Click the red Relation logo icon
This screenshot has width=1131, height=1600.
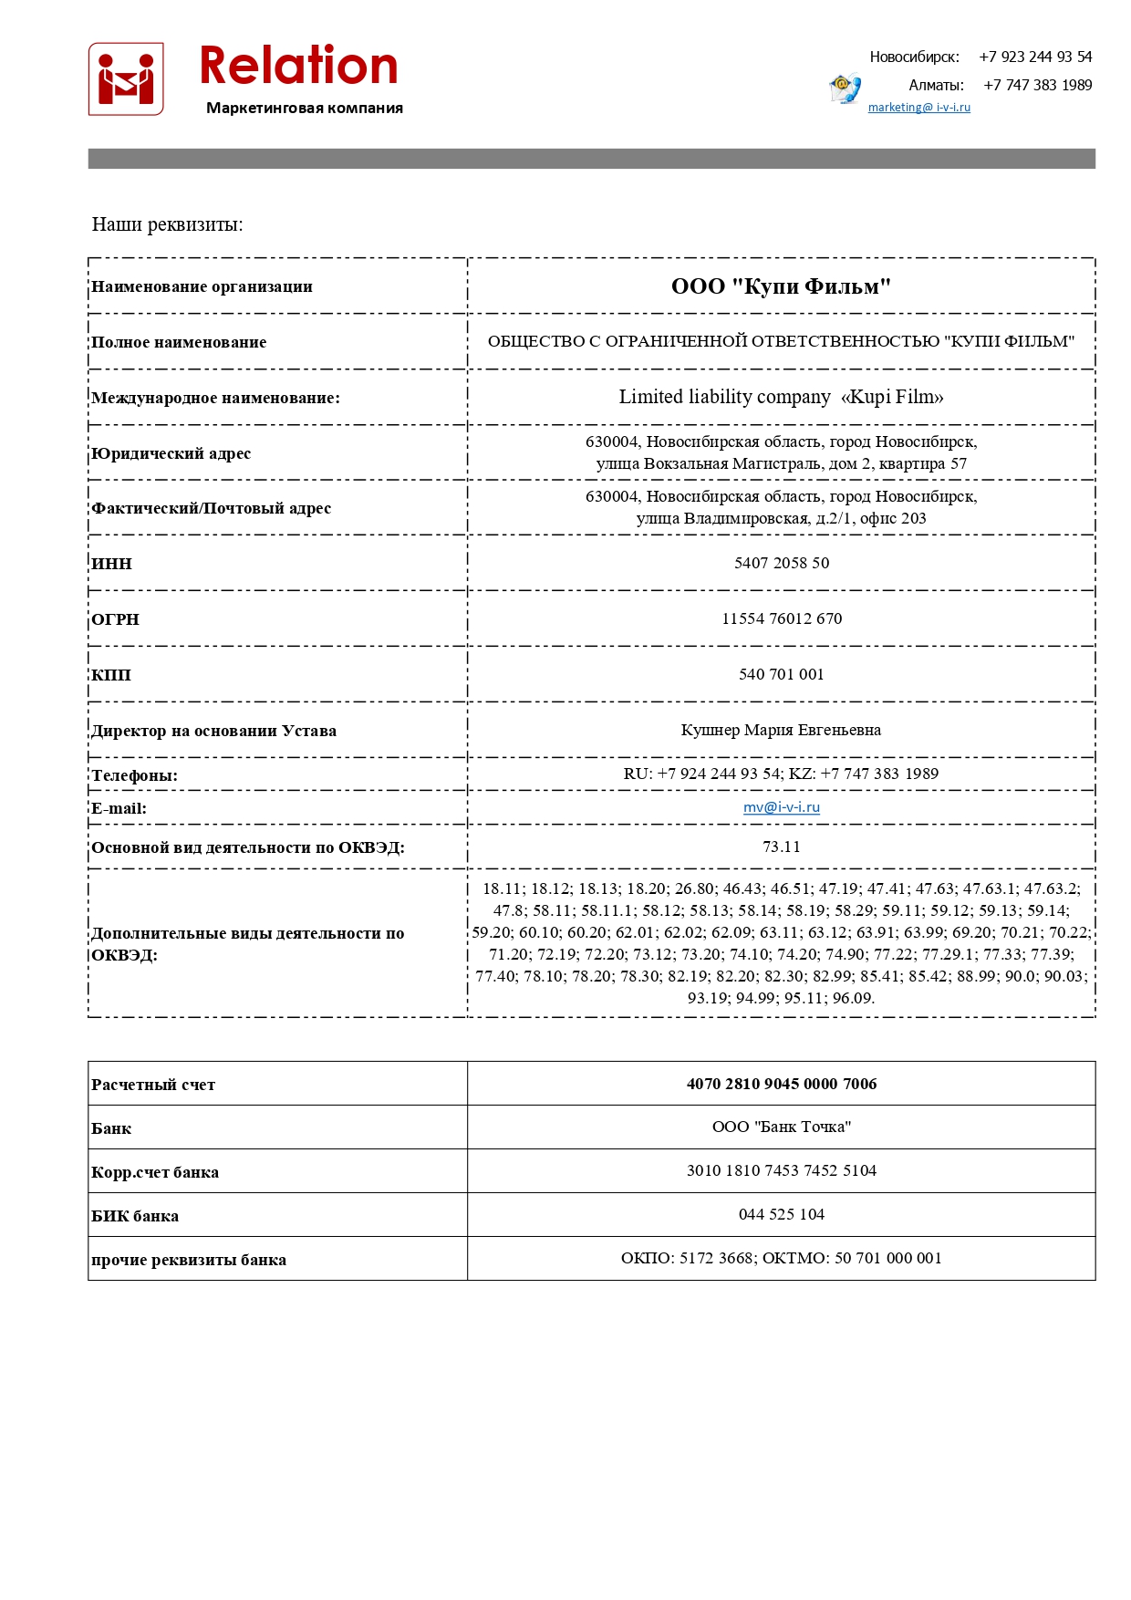click(126, 79)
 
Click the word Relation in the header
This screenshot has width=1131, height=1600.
click(298, 67)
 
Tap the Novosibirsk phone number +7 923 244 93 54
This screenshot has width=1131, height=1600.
click(1035, 57)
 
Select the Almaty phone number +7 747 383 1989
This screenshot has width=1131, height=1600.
click(1037, 85)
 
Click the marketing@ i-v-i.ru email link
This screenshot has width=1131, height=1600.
click(918, 108)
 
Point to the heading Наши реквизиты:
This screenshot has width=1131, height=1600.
click(168, 224)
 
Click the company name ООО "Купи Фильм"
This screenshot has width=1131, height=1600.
click(781, 286)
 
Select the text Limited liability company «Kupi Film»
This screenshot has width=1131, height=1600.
click(781, 397)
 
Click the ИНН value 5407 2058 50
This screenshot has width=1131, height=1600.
click(782, 563)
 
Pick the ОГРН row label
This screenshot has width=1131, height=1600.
click(116, 619)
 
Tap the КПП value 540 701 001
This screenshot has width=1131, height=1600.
click(782, 674)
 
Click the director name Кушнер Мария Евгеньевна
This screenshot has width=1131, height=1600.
click(781, 730)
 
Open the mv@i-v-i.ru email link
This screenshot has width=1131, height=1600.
click(782, 807)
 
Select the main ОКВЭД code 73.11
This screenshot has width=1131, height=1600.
click(782, 847)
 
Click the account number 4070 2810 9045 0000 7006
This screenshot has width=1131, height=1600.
click(782, 1084)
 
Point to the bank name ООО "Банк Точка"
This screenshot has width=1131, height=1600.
click(782, 1127)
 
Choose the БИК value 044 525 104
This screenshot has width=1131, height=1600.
click(782, 1214)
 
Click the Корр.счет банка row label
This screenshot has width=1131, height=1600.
click(155, 1172)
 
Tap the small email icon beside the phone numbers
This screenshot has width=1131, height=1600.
click(845, 88)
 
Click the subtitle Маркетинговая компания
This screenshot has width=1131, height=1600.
click(305, 109)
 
